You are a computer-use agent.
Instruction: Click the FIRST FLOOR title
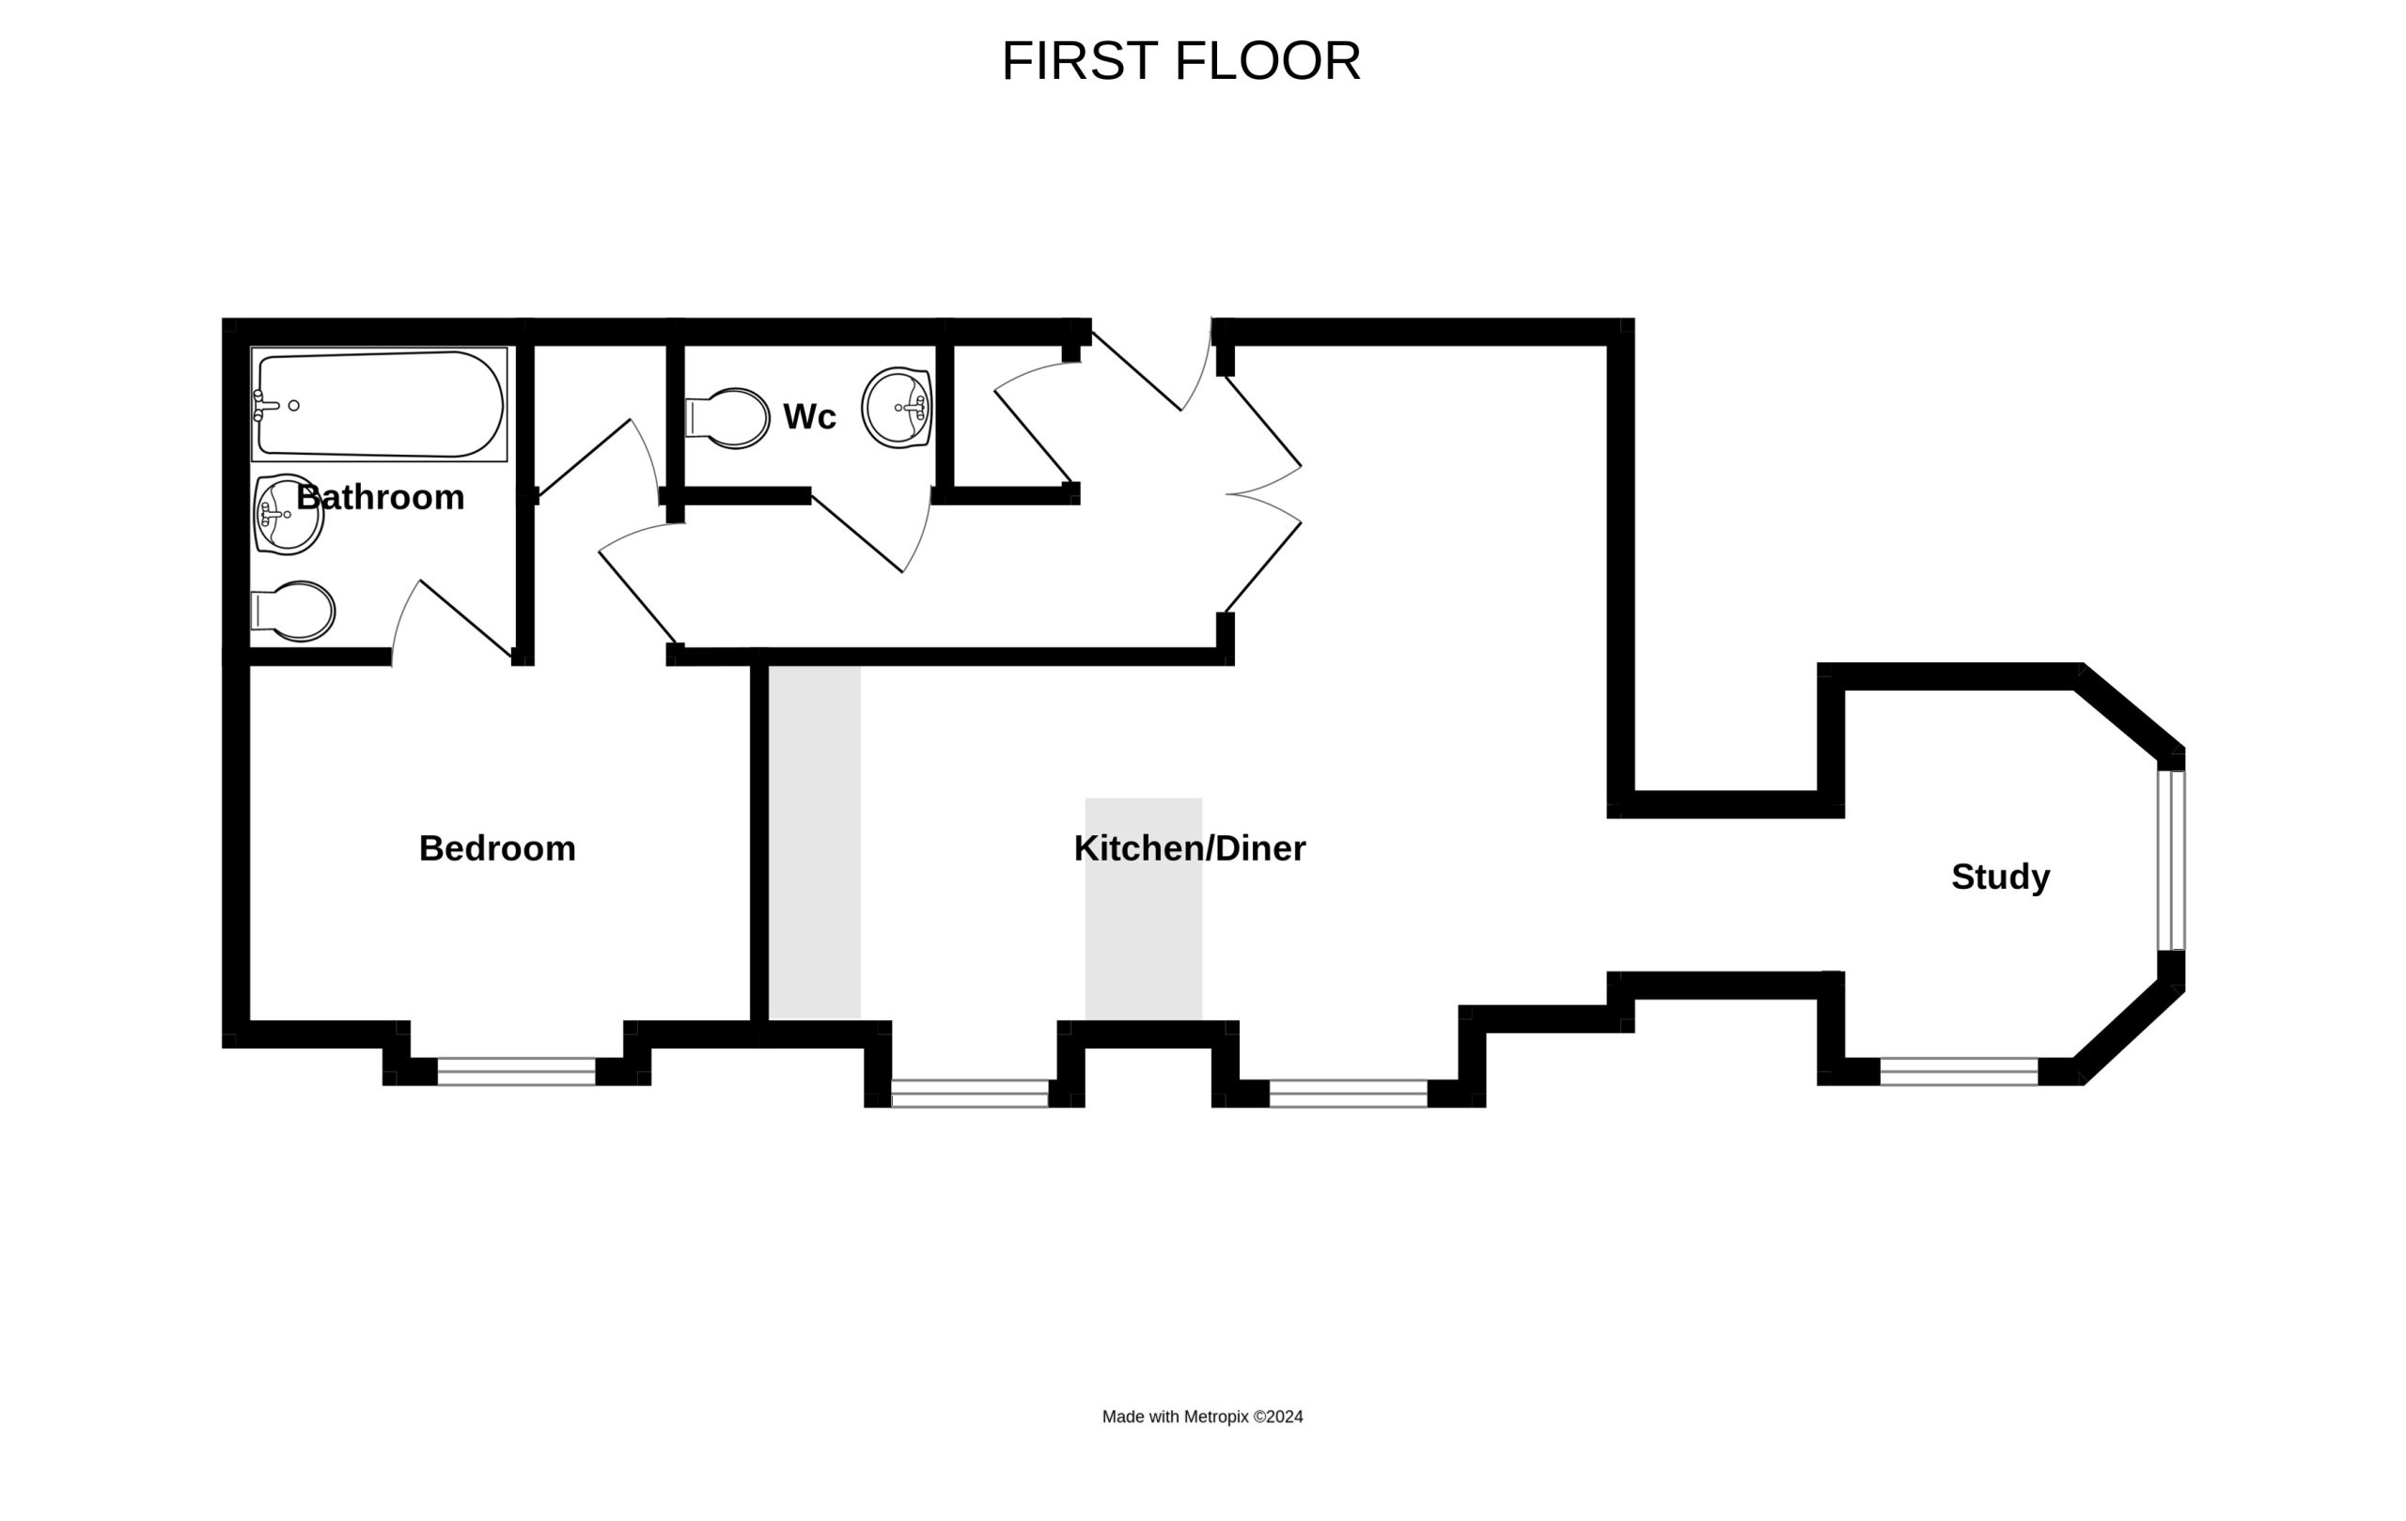click(x=1181, y=61)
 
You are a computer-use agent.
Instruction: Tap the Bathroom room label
click(x=381, y=497)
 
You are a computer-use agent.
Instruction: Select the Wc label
click(x=809, y=416)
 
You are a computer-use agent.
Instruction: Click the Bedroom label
click(x=497, y=849)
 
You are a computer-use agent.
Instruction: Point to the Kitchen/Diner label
click(x=1190, y=849)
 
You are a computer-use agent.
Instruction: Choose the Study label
click(x=2001, y=877)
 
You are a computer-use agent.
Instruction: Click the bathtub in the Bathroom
click(x=380, y=405)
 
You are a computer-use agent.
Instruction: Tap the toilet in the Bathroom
click(x=292, y=612)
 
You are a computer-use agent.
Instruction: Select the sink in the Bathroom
click(x=288, y=514)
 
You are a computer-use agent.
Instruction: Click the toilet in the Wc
click(x=727, y=417)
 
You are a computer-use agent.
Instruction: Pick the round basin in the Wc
click(x=898, y=408)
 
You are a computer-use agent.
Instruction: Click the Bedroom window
click(x=517, y=1072)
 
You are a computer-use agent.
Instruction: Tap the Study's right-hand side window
click(x=2171, y=860)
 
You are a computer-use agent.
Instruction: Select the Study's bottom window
click(x=1960, y=1072)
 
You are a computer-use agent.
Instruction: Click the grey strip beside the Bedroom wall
click(x=814, y=843)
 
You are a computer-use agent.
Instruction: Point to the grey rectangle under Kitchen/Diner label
click(x=1144, y=908)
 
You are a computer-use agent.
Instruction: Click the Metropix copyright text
click(x=1203, y=1416)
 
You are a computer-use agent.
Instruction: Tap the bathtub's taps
click(x=265, y=406)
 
